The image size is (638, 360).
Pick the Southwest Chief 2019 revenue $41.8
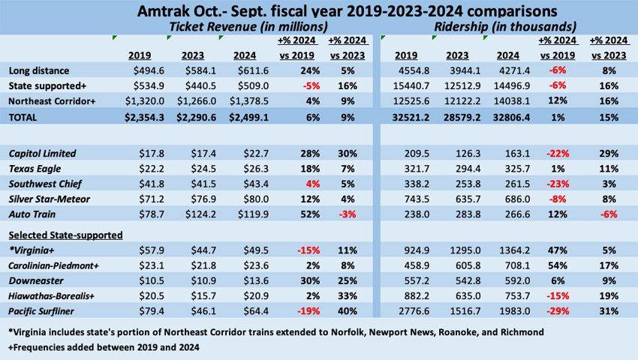(140, 184)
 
